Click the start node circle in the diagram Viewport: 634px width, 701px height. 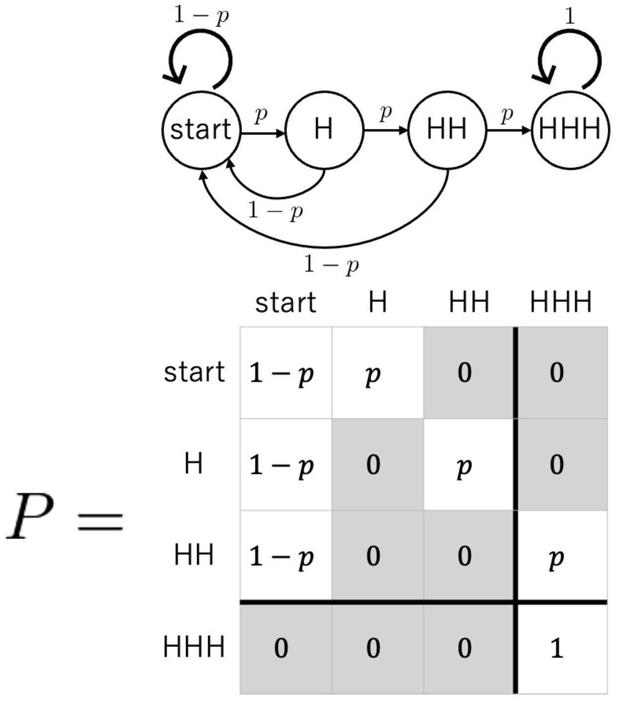click(201, 130)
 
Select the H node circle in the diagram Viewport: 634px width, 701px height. click(324, 130)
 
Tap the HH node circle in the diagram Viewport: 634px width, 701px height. click(447, 130)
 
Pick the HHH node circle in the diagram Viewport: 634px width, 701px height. click(570, 130)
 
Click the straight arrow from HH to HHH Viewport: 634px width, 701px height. click(508, 130)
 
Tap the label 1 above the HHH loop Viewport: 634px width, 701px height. click(570, 17)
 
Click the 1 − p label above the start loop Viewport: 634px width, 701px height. click(201, 16)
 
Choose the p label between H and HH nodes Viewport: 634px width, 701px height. click(385, 113)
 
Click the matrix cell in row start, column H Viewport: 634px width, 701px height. click(377, 373)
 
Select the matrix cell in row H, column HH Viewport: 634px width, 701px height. click(469, 464)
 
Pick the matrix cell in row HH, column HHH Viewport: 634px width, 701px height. click(561, 556)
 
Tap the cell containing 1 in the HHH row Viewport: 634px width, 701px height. click(561, 648)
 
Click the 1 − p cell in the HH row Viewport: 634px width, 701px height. click(286, 556)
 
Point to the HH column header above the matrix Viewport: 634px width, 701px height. click(468, 302)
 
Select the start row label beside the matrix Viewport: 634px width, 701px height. click(194, 373)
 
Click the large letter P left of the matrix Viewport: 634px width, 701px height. click(30, 516)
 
